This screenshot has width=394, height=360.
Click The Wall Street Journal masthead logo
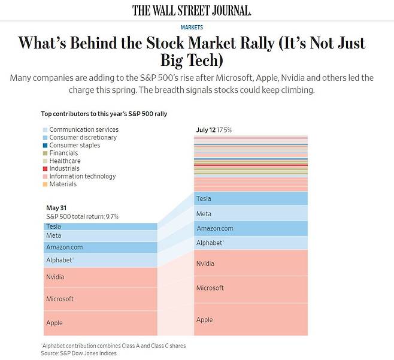coord(192,10)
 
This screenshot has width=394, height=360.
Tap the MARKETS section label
coord(192,28)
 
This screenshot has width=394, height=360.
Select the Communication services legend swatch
coord(46,130)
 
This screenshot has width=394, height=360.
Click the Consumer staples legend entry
coord(74,146)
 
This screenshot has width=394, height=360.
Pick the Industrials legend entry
coord(64,169)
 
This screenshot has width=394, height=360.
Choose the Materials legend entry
coord(63,184)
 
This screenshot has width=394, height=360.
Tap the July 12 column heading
coord(206,130)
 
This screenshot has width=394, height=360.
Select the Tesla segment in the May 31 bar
coord(101,226)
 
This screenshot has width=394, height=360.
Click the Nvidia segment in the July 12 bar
coord(251,264)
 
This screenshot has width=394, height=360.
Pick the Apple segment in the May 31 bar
coord(101,323)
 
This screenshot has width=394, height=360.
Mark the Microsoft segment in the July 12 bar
coord(251,288)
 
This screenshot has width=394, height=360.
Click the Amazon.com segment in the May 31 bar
coord(101,247)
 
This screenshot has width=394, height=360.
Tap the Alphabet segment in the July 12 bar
coord(251,243)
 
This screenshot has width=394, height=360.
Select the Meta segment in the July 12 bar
coord(251,214)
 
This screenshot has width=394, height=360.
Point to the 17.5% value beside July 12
coord(225,130)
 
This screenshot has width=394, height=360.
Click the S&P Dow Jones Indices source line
coord(78,353)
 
